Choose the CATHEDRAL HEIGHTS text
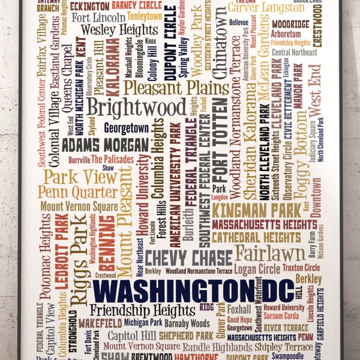pos(256,238)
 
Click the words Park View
pos(71,177)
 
